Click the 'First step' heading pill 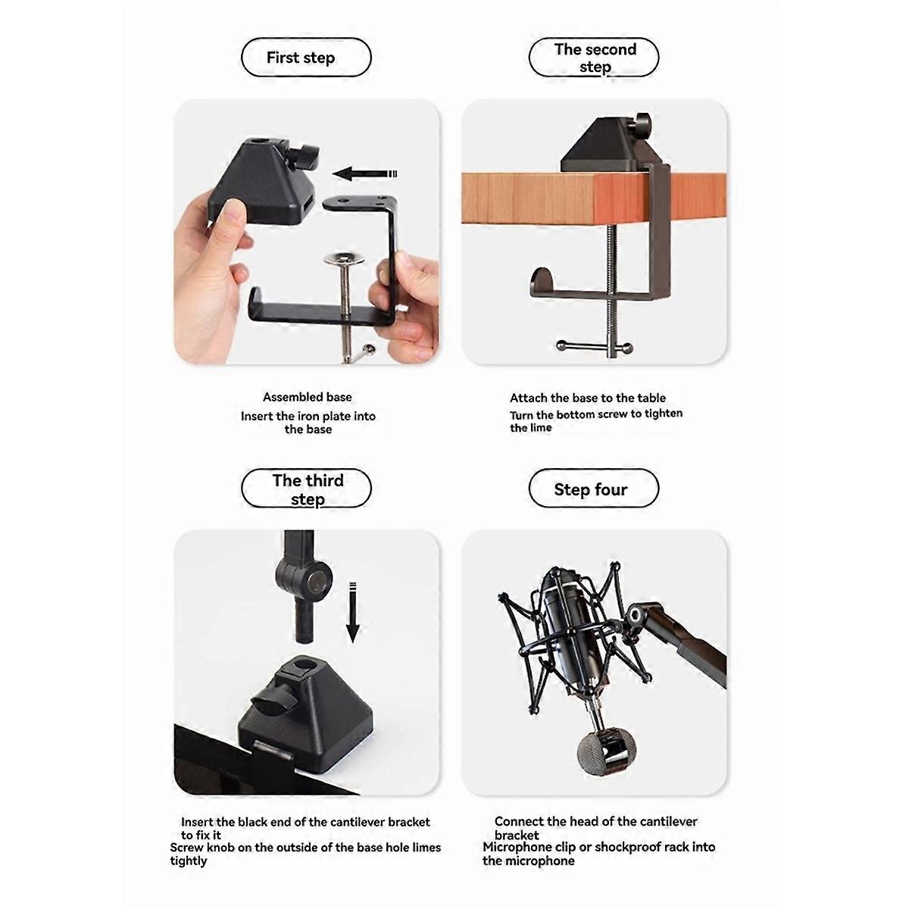click(x=306, y=58)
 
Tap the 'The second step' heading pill click(x=594, y=58)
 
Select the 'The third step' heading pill click(x=306, y=489)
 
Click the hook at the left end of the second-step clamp click(x=542, y=280)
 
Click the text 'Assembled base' click(x=307, y=397)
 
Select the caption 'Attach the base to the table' click(x=587, y=398)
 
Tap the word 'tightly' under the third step click(x=188, y=861)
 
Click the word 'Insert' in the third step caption click(x=197, y=822)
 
